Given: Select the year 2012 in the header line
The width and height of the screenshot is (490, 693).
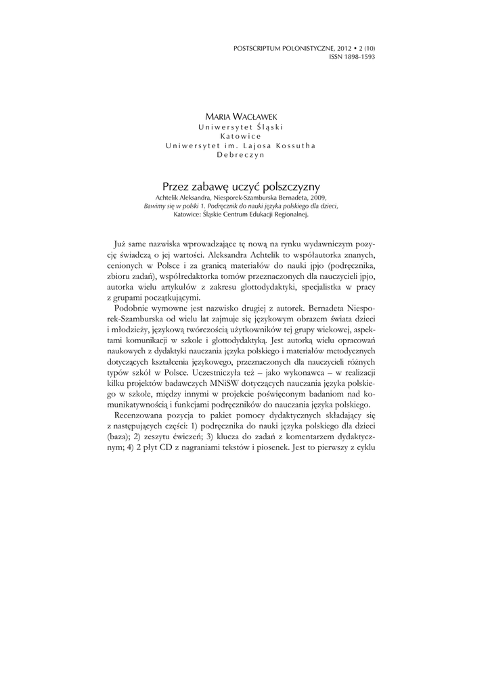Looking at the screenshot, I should tap(340, 49).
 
